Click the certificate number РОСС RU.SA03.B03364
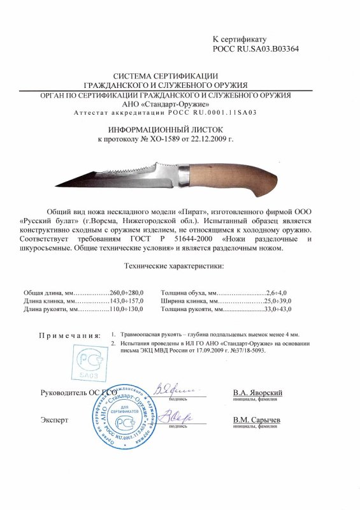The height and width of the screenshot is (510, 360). pos(255,48)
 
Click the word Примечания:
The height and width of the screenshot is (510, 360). pos(69,335)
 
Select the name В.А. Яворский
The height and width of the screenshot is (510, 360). pos(257,393)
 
